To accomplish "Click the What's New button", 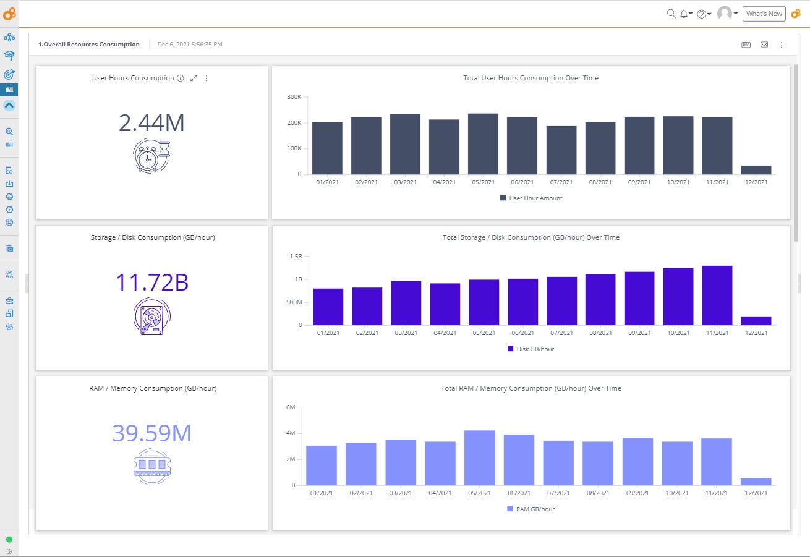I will [764, 14].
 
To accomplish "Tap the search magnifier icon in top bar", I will [671, 14].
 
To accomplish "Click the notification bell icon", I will [684, 14].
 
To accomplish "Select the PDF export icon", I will [746, 45].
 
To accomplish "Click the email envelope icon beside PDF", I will [764, 45].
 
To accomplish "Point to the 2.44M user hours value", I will [151, 123].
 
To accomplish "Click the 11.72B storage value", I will [151, 282].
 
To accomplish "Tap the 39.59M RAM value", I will [151, 433].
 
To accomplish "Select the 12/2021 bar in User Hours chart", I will [756, 170].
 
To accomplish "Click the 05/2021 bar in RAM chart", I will [480, 457].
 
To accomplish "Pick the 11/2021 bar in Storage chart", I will [717, 296].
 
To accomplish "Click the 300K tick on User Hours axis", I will [294, 97].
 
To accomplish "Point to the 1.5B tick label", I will [296, 256].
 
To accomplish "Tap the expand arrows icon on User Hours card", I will [194, 79].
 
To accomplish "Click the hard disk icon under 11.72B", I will [151, 317].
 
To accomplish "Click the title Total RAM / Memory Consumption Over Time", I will [531, 388].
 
